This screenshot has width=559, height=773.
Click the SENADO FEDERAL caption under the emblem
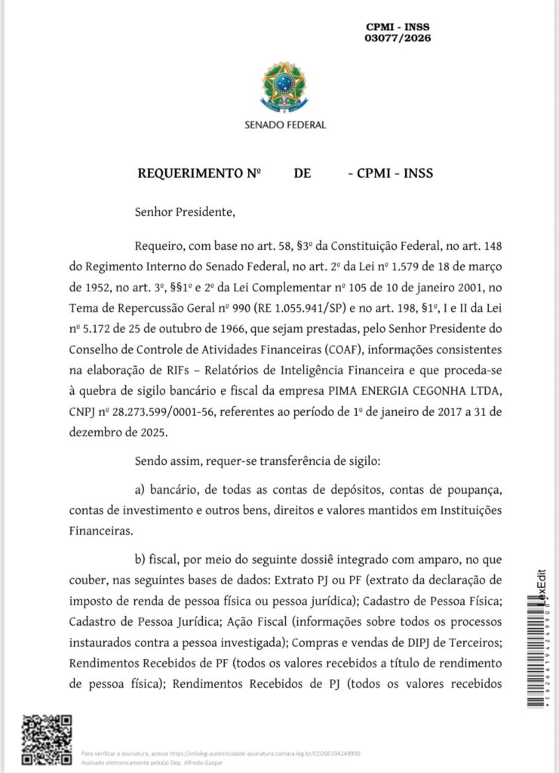(x=285, y=125)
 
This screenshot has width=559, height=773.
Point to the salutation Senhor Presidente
(x=185, y=212)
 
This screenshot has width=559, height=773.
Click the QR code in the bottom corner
(x=47, y=741)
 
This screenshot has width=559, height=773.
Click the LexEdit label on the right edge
(x=541, y=584)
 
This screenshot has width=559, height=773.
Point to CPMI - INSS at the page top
(x=398, y=26)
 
